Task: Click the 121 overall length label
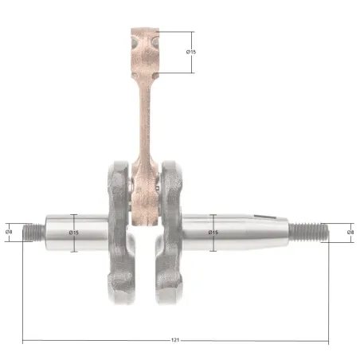coord(175,340)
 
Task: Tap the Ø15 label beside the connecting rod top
coord(191,52)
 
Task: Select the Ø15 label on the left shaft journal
coord(74,233)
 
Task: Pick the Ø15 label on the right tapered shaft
coord(213,233)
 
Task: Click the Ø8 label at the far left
coord(9,232)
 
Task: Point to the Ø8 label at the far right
coord(350,232)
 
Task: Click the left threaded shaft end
coord(34,233)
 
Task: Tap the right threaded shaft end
coord(309,233)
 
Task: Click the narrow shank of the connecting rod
coord(145,119)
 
